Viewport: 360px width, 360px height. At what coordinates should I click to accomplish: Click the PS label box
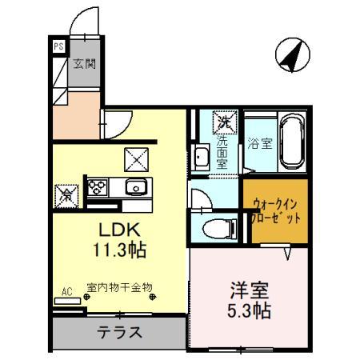tap(58, 46)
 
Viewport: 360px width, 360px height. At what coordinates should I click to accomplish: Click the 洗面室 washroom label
tap(222, 148)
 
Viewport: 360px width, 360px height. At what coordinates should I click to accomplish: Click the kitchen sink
tap(134, 189)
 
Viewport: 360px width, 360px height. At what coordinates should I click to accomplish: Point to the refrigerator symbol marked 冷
tap(66, 193)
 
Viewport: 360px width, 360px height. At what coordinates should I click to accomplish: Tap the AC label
tap(66, 293)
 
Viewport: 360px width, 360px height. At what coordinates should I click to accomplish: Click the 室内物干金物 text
tap(118, 288)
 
